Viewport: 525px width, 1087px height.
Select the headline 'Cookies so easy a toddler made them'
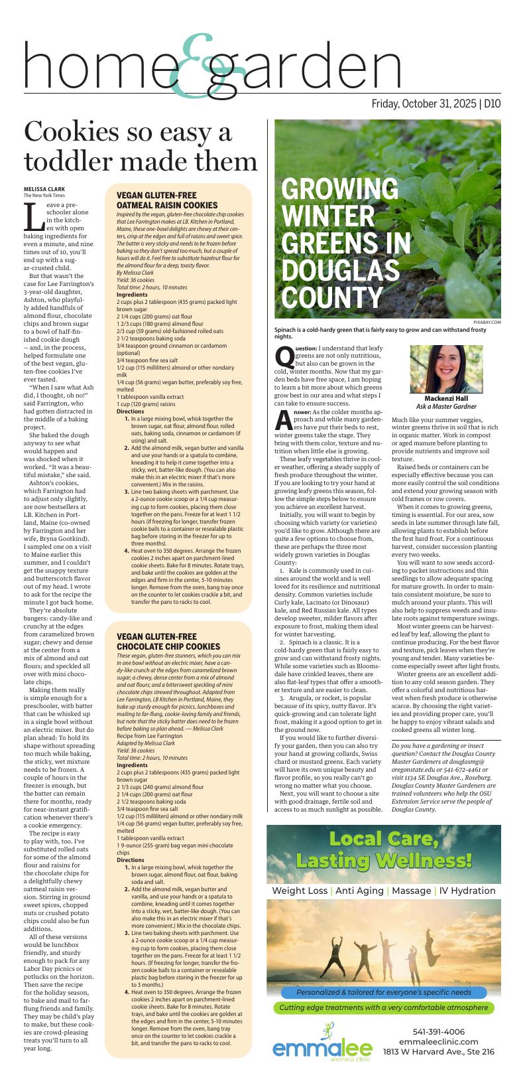pyautogui.click(x=141, y=147)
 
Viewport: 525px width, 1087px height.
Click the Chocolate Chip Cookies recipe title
pyautogui.click(x=168, y=641)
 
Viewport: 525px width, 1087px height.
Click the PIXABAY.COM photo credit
pyautogui.click(x=487, y=322)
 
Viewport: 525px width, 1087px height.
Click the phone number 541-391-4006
pyautogui.click(x=439, y=1032)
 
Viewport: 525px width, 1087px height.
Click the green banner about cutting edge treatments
pyautogui.click(x=384, y=1007)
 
